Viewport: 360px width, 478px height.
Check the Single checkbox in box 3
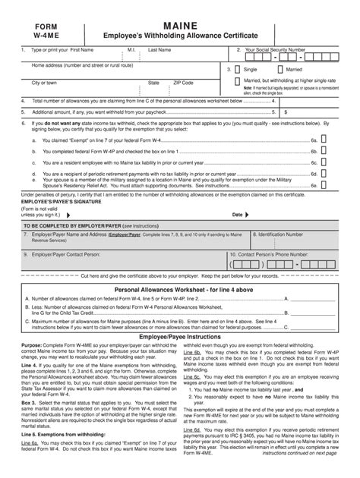[238, 68]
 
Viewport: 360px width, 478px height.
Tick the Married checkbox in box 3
[279, 68]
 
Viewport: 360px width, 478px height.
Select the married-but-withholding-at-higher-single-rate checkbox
[238, 80]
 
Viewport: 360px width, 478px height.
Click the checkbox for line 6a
[324, 140]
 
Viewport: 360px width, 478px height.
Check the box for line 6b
[324, 151]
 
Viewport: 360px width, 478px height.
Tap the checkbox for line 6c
[324, 162]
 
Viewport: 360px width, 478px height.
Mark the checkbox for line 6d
[324, 173]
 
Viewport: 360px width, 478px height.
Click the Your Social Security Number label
[275, 49]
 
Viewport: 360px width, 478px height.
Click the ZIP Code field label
[183, 83]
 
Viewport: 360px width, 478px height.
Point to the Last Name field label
[159, 49]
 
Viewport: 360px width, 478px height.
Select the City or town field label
[44, 83]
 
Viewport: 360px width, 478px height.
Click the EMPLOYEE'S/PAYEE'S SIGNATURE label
[56, 202]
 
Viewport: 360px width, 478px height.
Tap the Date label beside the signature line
[237, 215]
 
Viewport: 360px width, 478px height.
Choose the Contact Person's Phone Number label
[276, 254]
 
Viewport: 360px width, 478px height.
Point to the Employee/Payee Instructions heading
[179, 336]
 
